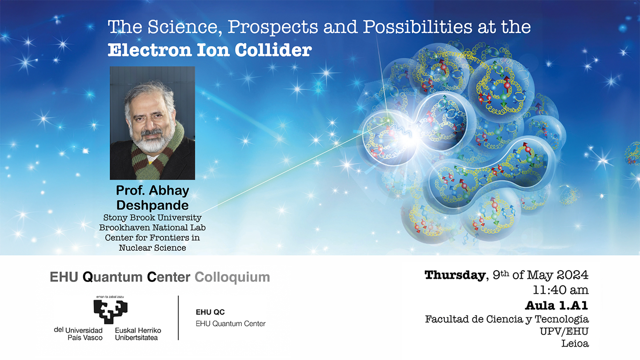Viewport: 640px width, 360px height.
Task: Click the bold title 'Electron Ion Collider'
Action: pyautogui.click(x=209, y=49)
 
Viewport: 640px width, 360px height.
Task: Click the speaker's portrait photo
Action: pyautogui.click(x=152, y=123)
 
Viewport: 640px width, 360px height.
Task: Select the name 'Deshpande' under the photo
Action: pyautogui.click(x=152, y=205)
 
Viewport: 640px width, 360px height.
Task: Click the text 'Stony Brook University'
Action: pyautogui.click(x=152, y=218)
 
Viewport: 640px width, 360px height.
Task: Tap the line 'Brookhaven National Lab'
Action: pyautogui.click(x=152, y=228)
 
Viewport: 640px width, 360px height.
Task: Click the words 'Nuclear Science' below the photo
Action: pyautogui.click(x=152, y=248)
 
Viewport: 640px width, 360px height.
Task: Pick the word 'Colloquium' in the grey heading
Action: pyautogui.click(x=232, y=277)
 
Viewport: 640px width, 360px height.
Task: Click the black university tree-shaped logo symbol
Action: pyautogui.click(x=111, y=311)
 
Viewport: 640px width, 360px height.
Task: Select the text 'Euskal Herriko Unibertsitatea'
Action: pyautogui.click(x=138, y=334)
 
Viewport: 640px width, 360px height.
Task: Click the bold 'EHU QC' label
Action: pyautogui.click(x=210, y=312)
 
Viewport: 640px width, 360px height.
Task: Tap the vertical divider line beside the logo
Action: pyautogui.click(x=178, y=318)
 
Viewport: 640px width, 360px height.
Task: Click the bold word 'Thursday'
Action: pyautogui.click(x=454, y=275)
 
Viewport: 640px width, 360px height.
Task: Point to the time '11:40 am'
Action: pyautogui.click(x=560, y=290)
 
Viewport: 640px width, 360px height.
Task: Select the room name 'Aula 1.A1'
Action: pyautogui.click(x=556, y=305)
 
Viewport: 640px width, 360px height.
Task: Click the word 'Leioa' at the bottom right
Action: pyautogui.click(x=575, y=343)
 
